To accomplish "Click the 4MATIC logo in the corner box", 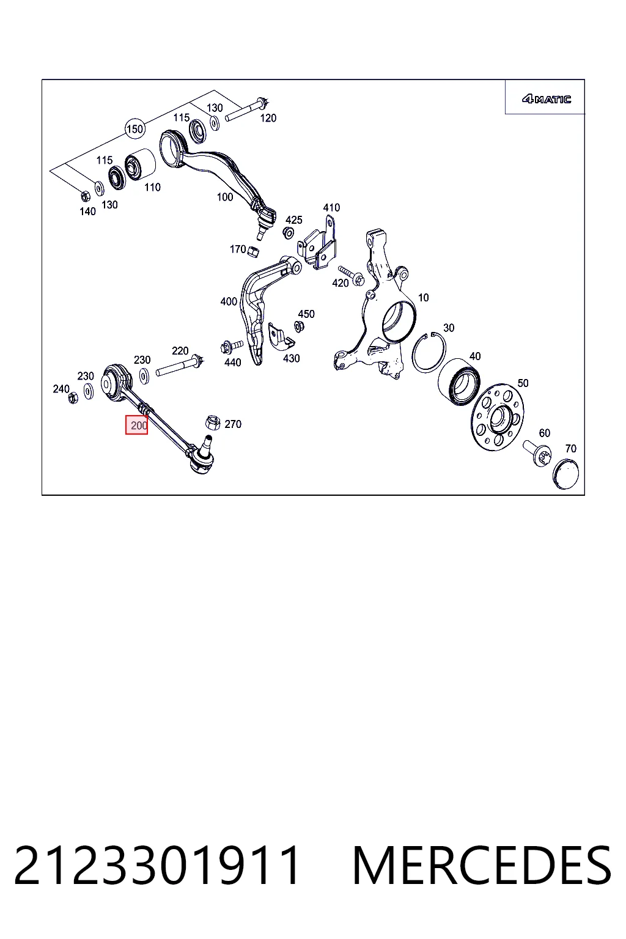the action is point(546,99).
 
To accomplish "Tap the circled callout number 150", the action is point(134,129).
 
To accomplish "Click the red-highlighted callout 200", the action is point(137,425).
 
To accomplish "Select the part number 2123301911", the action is point(157,865).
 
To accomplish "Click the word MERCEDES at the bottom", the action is point(482,865).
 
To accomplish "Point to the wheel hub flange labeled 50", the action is point(497,417).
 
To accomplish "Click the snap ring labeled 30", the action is point(429,352).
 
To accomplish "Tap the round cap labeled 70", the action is point(565,473).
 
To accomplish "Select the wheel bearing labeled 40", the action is point(460,382).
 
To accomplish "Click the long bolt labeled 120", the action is point(247,109).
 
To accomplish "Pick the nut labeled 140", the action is point(84,196).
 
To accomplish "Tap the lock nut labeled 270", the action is point(213,422).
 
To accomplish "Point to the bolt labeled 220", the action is point(180,366).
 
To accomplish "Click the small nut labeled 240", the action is point(73,397).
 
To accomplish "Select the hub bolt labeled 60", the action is point(537,454).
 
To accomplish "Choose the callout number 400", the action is point(229,301).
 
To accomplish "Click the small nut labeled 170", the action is point(253,251).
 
